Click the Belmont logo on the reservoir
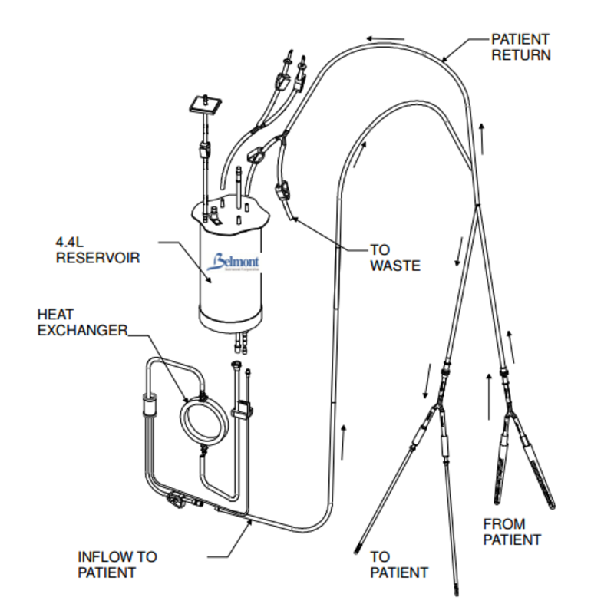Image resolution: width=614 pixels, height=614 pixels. [237, 263]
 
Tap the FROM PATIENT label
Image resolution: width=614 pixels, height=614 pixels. [511, 532]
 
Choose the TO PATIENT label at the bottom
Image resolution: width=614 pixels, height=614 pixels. [399, 563]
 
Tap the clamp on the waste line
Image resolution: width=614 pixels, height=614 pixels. [283, 189]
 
